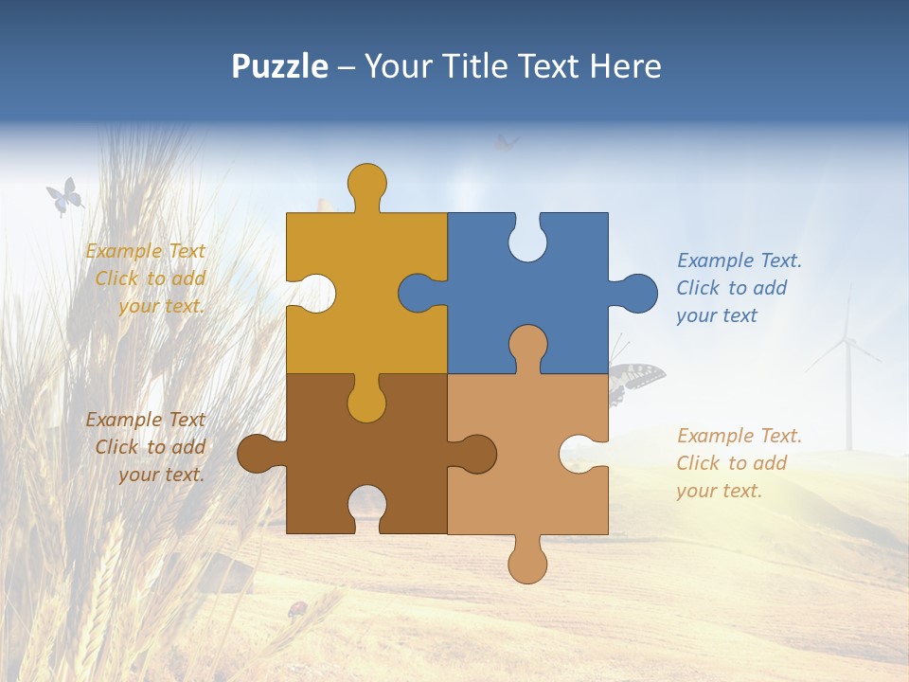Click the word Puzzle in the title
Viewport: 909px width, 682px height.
pyautogui.click(x=280, y=66)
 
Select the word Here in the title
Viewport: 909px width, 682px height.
pyautogui.click(x=625, y=66)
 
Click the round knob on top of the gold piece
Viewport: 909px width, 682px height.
pyautogui.click(x=366, y=183)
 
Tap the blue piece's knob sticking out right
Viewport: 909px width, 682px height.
pyautogui.click(x=637, y=294)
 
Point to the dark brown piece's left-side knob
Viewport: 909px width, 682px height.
pyautogui.click(x=257, y=454)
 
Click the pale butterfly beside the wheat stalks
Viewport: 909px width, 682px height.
pyautogui.click(x=63, y=197)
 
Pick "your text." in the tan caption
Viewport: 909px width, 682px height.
pyautogui.click(x=719, y=491)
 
